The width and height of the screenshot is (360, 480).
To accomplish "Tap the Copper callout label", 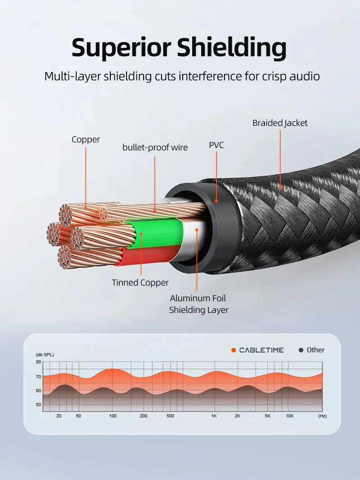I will tap(85, 140).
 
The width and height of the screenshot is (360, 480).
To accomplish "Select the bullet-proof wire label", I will tap(155, 147).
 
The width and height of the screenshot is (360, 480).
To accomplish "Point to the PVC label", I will tap(216, 145).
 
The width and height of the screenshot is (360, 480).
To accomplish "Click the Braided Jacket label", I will tap(280, 123).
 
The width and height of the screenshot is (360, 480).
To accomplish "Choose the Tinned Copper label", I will tap(140, 283).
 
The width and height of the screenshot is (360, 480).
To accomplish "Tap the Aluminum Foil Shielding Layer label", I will tap(198, 304).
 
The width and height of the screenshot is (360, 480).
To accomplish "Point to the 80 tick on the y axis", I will tap(38, 362).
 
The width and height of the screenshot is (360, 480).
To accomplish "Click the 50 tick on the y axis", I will tap(38, 404).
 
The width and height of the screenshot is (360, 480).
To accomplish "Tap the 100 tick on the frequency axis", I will tap(113, 416).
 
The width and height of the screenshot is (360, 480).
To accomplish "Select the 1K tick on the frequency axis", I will tap(214, 416).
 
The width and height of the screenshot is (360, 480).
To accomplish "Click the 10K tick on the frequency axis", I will tap(290, 416).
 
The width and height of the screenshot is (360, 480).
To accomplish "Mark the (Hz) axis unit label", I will tap(322, 416).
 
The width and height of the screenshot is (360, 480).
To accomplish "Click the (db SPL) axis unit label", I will tap(45, 355).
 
